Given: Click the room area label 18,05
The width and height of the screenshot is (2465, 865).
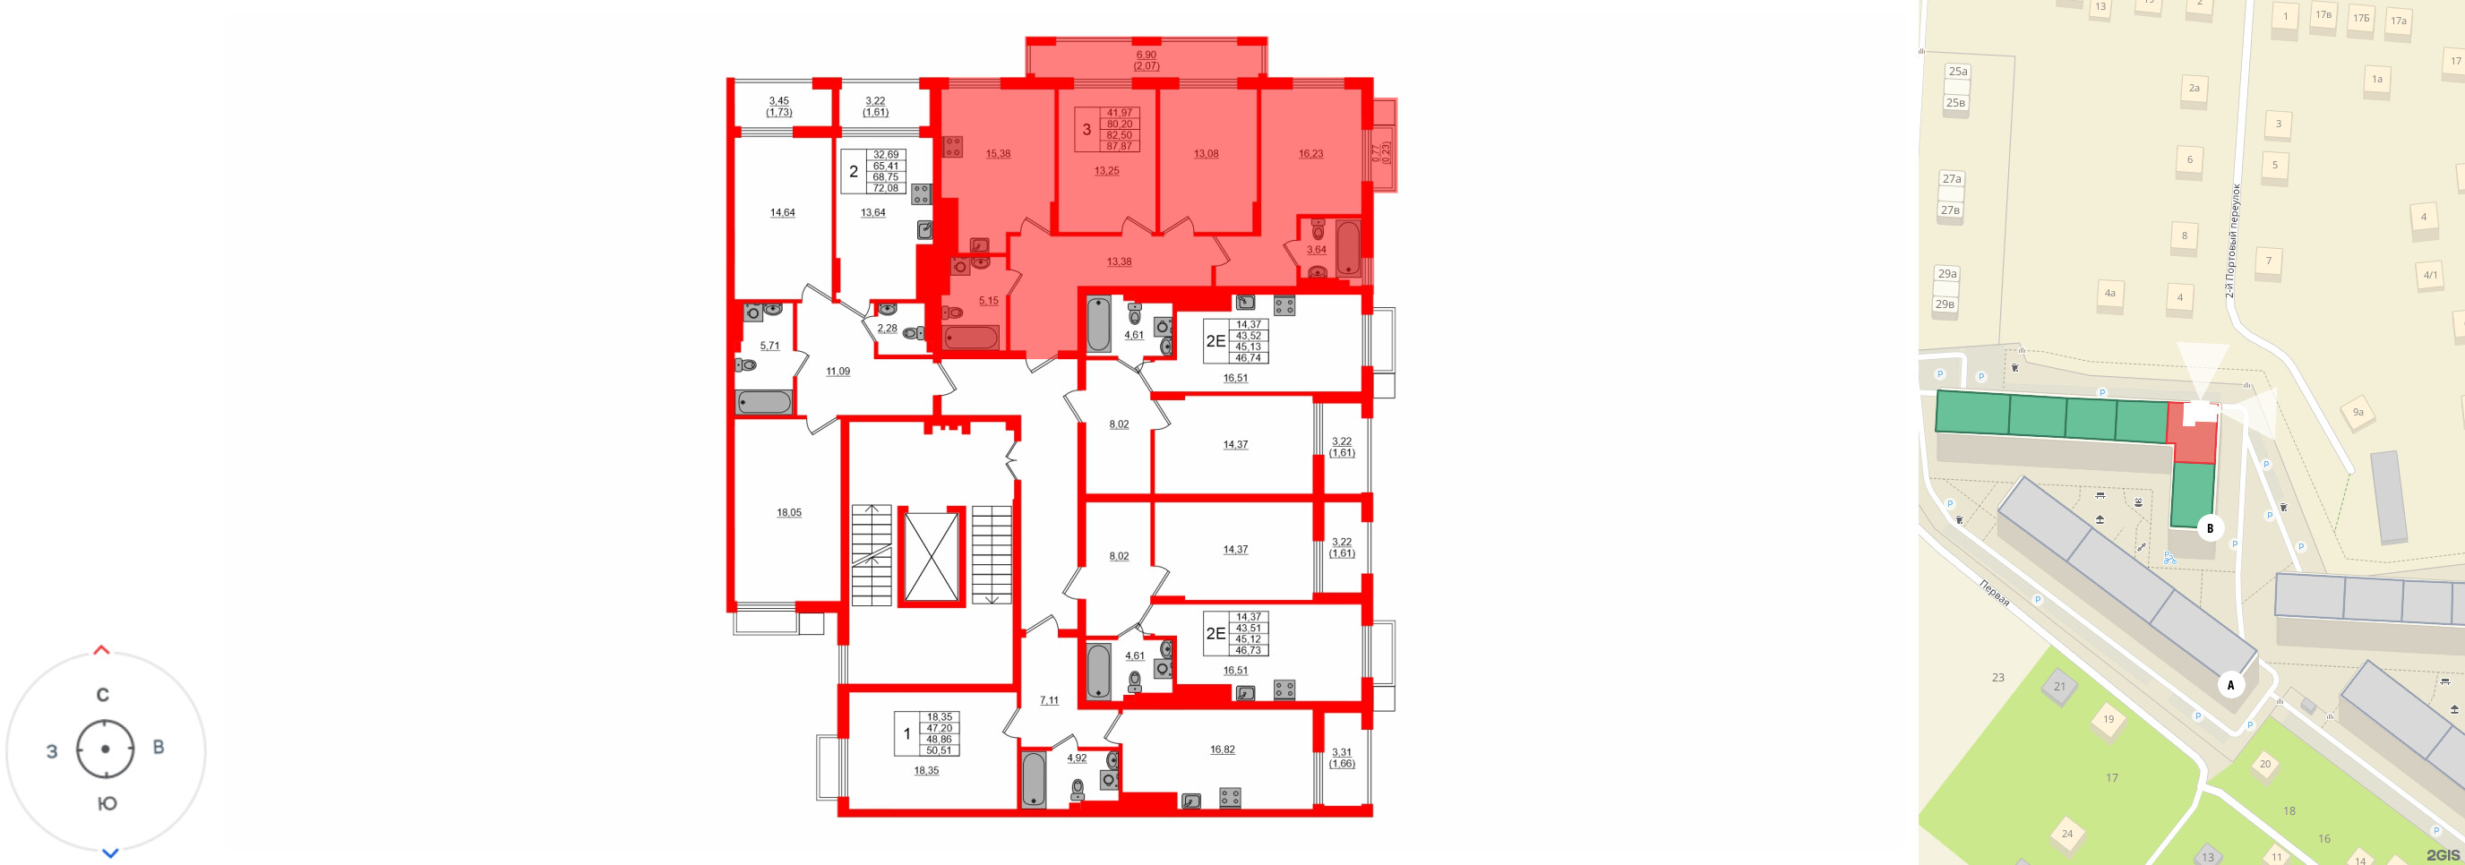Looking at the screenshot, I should pos(788,513).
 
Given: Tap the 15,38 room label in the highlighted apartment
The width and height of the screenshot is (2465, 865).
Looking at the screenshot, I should pos(998,153).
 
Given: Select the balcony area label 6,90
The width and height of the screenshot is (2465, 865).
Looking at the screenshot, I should pos(1146,56).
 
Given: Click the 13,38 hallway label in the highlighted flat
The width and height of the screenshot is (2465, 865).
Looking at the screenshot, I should pos(1119,261).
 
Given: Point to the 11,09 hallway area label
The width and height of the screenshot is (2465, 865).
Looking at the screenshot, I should pos(837,372).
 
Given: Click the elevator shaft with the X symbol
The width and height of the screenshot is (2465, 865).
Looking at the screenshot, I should pos(931,559).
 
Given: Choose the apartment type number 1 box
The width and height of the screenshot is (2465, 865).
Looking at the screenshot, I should pos(907,734).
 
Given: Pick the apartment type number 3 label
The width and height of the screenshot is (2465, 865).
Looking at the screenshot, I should pos(1086,130).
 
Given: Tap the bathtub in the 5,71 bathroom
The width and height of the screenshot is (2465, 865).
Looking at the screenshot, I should pos(764,402).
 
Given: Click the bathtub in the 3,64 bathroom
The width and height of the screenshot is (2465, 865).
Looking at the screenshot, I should pos(1347,248).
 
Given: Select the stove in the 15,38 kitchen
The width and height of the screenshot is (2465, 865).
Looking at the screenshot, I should pos(952,146).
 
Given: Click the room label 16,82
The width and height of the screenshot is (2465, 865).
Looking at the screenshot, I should pos(1222,749).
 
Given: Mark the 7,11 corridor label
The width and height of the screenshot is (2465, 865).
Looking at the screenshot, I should pos(1049,700).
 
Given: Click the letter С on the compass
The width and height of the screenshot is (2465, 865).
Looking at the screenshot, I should pos(102,695).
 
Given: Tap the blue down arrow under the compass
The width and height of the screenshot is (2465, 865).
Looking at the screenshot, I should pos(110,852).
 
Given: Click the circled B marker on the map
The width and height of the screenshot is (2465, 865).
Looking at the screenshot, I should pos(2210,528).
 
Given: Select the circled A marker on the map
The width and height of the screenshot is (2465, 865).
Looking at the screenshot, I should pos(2230,685).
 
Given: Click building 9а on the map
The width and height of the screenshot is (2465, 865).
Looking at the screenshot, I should pos(2358,413).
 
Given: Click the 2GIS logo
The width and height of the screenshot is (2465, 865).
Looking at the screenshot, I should pos(2442,854).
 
